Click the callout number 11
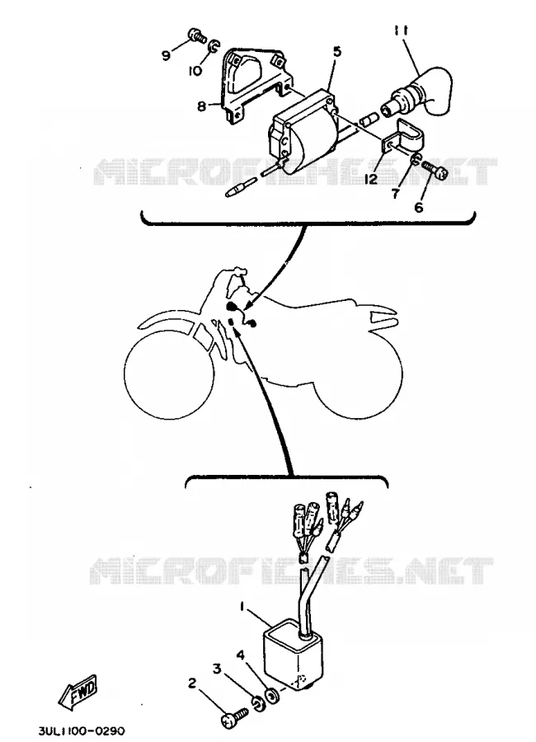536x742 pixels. (401, 31)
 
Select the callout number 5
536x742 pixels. (336, 51)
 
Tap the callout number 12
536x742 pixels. (371, 180)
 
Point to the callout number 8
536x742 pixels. (202, 106)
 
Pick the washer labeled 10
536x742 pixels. (213, 46)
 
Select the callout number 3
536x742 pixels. (217, 669)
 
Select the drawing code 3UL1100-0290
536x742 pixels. (82, 730)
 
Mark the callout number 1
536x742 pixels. (242, 606)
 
